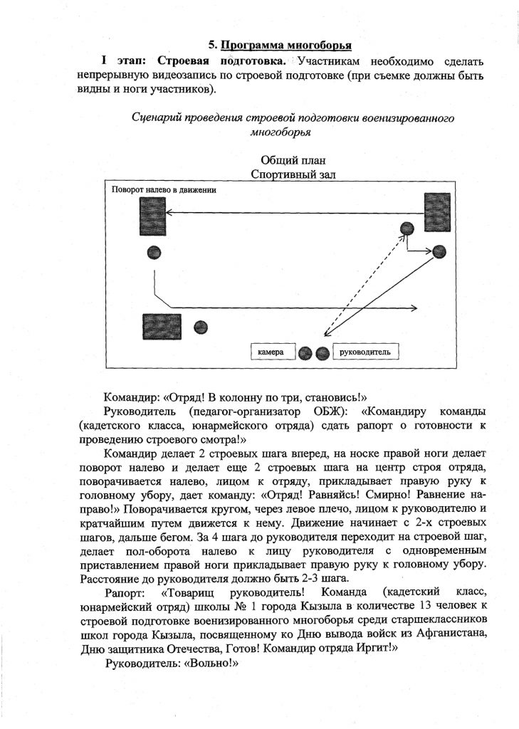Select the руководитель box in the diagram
point(365,352)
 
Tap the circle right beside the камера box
point(305,352)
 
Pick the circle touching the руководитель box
point(323,352)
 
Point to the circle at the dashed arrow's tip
point(407,229)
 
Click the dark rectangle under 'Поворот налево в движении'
point(152,216)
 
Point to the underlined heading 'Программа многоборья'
point(285,46)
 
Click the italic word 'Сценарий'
point(157,117)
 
